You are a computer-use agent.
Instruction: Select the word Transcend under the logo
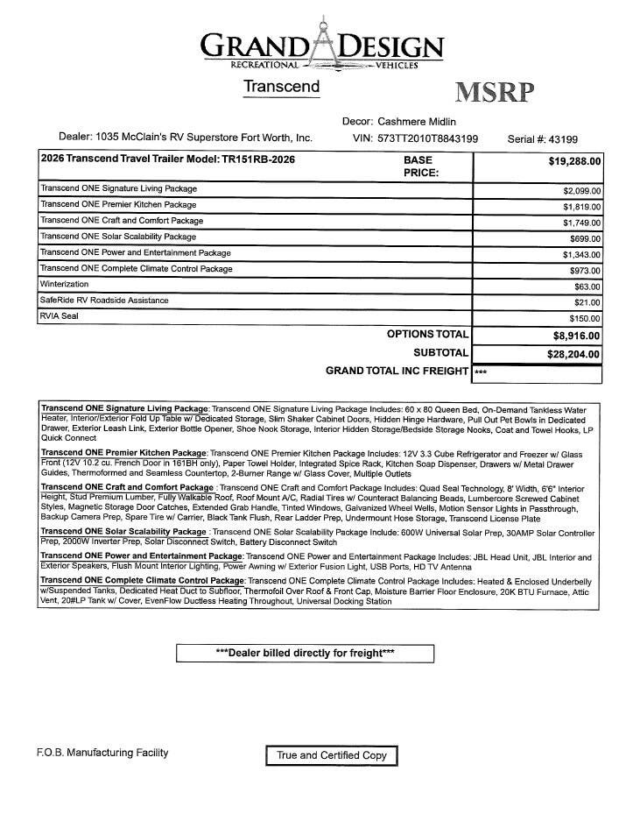[281, 87]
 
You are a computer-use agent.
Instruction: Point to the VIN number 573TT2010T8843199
[427, 138]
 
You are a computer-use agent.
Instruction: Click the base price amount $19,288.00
[574, 161]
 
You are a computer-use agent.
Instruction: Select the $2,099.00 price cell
[581, 190]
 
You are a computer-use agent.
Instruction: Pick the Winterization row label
[64, 285]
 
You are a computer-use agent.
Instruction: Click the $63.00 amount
[587, 287]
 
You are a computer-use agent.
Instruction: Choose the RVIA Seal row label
[60, 316]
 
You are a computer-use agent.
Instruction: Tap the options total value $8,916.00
[576, 336]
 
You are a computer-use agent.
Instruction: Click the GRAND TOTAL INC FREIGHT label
[397, 372]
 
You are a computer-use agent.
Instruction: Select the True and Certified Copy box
[332, 755]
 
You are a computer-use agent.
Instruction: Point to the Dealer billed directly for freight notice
[305, 653]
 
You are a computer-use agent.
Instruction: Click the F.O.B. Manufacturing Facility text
[102, 753]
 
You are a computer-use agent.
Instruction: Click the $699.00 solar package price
[584, 238]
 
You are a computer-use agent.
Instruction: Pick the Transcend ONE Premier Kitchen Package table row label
[118, 204]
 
